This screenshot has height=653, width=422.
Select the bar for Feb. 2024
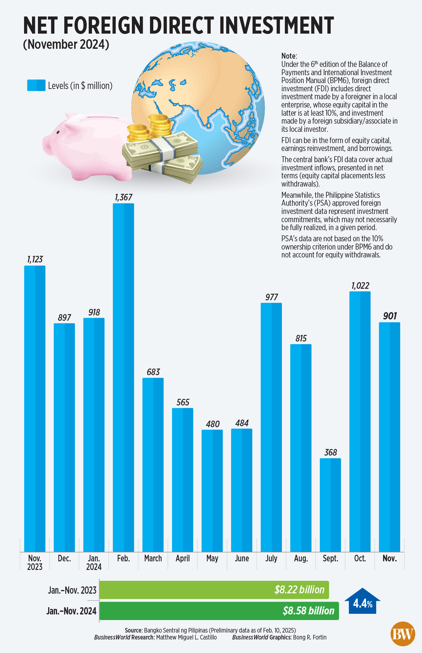pos(123,377)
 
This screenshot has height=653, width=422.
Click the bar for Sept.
pos(330,505)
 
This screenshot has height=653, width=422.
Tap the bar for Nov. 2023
pos(35,408)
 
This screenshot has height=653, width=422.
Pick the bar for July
pos(271,427)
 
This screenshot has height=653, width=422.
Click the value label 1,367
pos(124,197)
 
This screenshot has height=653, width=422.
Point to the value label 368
pos(331,452)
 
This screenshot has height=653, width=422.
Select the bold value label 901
pos(390,316)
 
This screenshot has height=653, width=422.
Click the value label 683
pos(153,372)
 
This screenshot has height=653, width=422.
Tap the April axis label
pos(183,558)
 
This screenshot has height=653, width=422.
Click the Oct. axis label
pos(360,558)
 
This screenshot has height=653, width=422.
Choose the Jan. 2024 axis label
pos(94,562)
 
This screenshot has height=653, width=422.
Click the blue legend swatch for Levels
pos(36,85)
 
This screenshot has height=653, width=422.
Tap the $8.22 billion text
pos(299,590)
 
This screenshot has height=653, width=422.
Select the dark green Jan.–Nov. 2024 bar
pos(219,611)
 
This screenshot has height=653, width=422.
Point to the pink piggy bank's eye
pos(58,132)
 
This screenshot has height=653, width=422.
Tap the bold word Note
pos(289,56)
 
